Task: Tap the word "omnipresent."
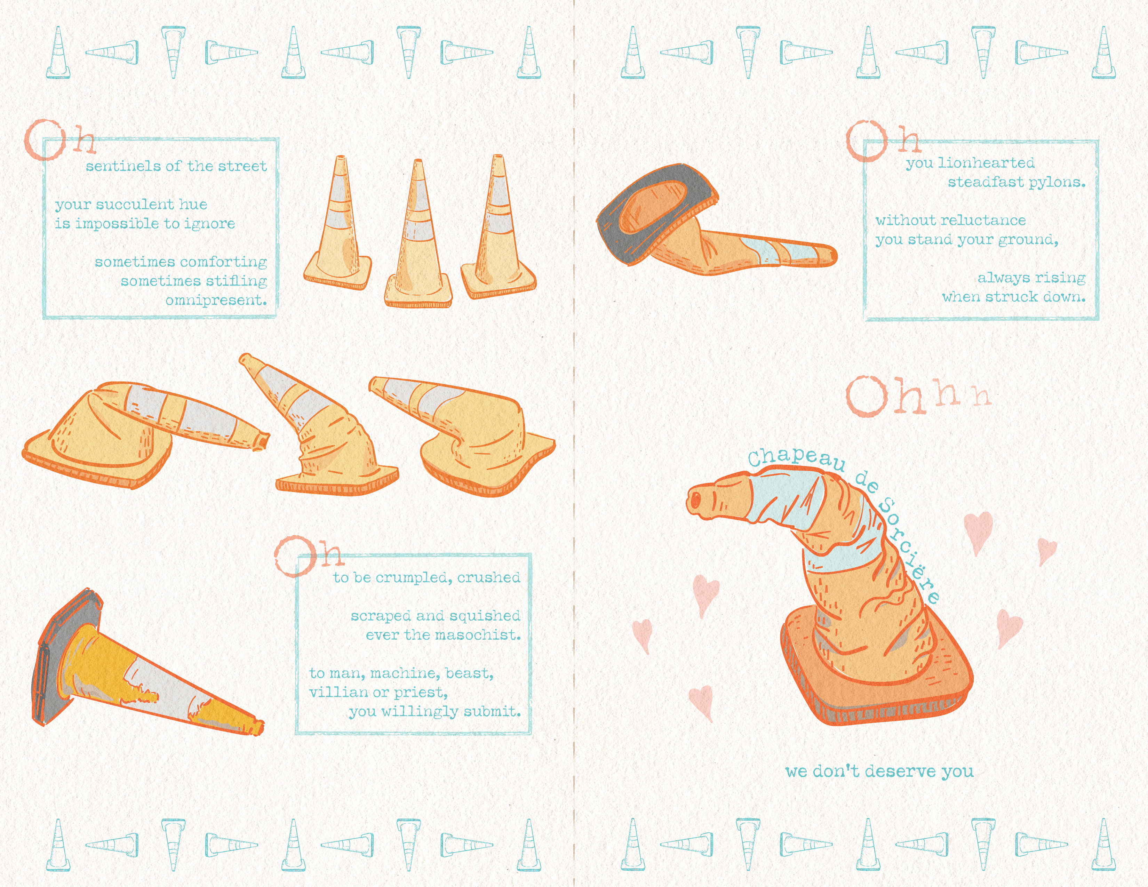(x=216, y=301)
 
